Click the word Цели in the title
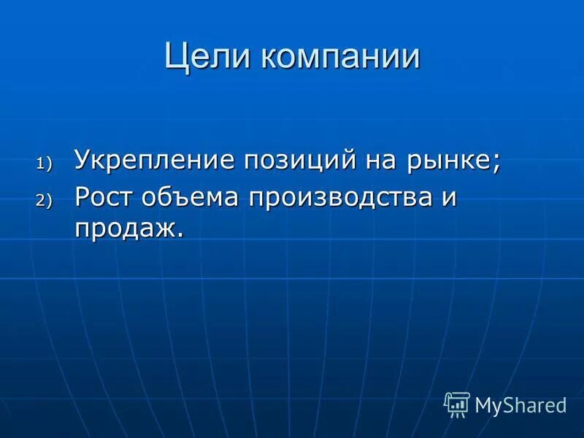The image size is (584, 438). tap(206, 57)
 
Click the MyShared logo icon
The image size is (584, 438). tap(457, 404)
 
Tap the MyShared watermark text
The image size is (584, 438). tap(520, 405)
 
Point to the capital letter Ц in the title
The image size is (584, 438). tap(175, 57)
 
